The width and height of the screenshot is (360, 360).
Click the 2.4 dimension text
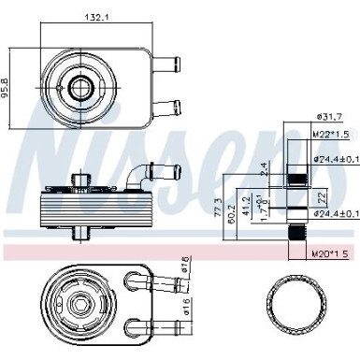coord(264,168)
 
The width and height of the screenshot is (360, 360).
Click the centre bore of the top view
coord(77,88)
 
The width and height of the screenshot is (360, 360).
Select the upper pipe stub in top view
coord(166,66)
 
